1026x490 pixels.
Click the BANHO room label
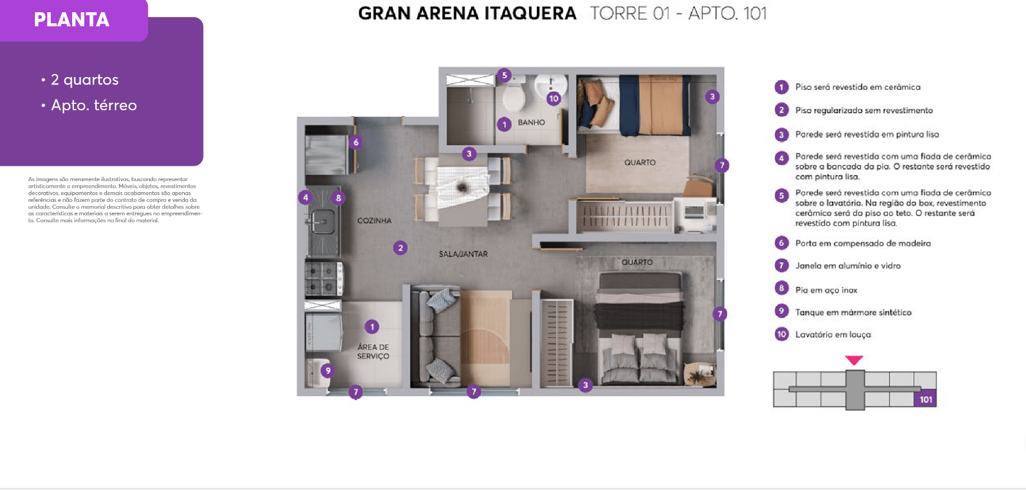[531, 122]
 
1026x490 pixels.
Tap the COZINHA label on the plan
[374, 220]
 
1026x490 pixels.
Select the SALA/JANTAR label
[463, 254]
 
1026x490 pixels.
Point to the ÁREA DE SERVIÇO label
[374, 352]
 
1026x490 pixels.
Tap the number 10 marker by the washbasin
[554, 98]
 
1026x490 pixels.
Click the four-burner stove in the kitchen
[324, 278]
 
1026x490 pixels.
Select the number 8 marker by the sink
[338, 198]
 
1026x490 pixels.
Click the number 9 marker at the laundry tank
[328, 370]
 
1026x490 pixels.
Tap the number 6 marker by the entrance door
[356, 142]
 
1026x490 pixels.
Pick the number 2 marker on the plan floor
[400, 248]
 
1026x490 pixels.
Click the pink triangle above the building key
[854, 360]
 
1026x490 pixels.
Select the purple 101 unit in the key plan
[925, 399]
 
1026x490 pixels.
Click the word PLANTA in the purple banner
[72, 20]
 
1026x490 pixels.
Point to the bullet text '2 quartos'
[85, 80]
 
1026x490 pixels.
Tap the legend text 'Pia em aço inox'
[826, 290]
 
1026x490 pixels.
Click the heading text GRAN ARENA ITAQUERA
[467, 13]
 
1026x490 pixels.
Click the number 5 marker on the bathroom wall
[504, 75]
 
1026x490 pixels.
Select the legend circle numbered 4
[781, 158]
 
